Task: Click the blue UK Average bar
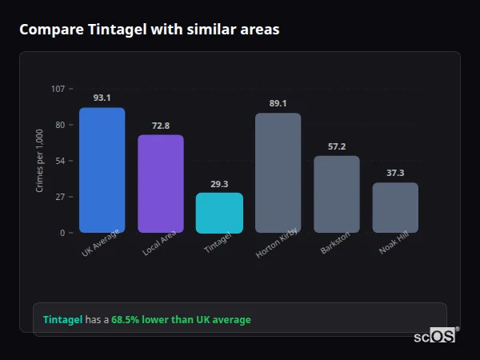102,170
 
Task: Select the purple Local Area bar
161,184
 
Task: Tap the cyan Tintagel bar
219,213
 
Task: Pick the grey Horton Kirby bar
278,173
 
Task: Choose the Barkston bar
336,194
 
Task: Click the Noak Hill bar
395,208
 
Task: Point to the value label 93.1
102,98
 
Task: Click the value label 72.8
161,126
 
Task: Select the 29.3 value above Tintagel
219,183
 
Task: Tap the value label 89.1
278,103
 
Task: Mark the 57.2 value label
336,146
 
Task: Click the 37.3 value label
395,173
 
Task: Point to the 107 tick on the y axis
58,89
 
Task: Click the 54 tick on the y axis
60,161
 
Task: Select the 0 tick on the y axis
62,233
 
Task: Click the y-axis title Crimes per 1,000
39,161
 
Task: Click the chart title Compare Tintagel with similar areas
150,30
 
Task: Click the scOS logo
435,336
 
